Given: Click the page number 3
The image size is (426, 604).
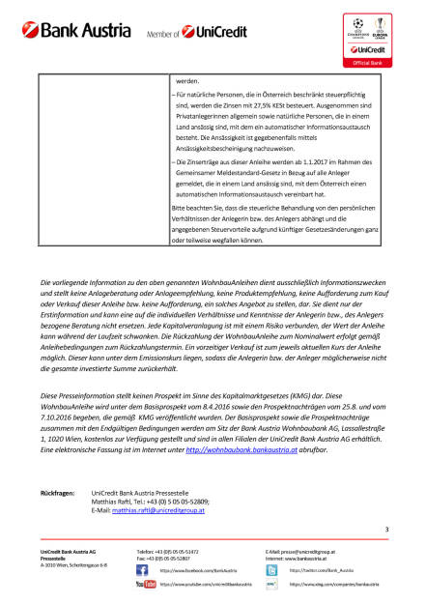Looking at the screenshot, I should coord(386,557).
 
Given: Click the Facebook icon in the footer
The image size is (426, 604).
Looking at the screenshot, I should coord(142,571).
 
